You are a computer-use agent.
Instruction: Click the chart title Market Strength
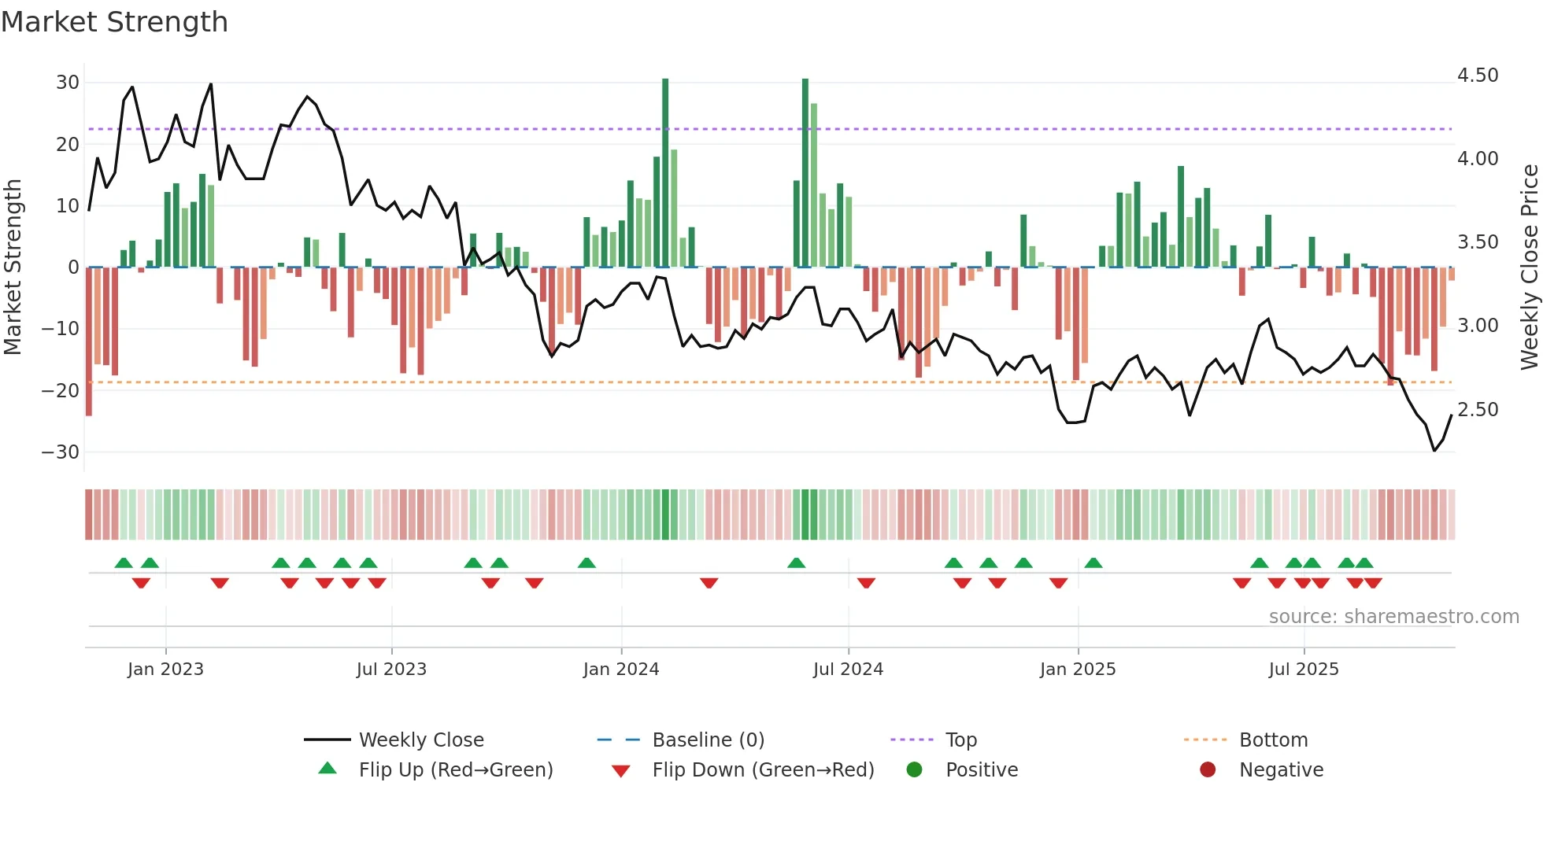114,22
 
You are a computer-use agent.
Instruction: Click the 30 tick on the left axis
68,83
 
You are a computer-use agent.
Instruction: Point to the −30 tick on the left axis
61,452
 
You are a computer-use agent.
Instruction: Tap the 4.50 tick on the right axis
1478,76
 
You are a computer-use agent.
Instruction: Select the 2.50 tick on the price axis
1478,410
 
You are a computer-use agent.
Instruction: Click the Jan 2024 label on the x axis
621,670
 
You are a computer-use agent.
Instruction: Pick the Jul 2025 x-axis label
1304,670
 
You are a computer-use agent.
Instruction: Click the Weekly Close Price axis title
1529,267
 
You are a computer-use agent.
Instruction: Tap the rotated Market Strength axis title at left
13,267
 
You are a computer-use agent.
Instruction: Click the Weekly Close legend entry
421,740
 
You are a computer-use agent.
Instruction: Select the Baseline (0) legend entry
708,740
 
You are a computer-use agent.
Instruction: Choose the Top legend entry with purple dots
961,740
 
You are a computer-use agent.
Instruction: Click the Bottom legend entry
1273,740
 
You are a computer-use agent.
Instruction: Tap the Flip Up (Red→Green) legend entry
456,770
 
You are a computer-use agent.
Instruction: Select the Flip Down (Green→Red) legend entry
763,770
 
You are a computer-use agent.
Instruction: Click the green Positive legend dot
914,770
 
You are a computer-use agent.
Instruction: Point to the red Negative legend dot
1208,770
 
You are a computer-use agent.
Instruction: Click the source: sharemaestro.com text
1393,617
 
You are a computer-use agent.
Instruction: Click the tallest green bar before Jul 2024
805,173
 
